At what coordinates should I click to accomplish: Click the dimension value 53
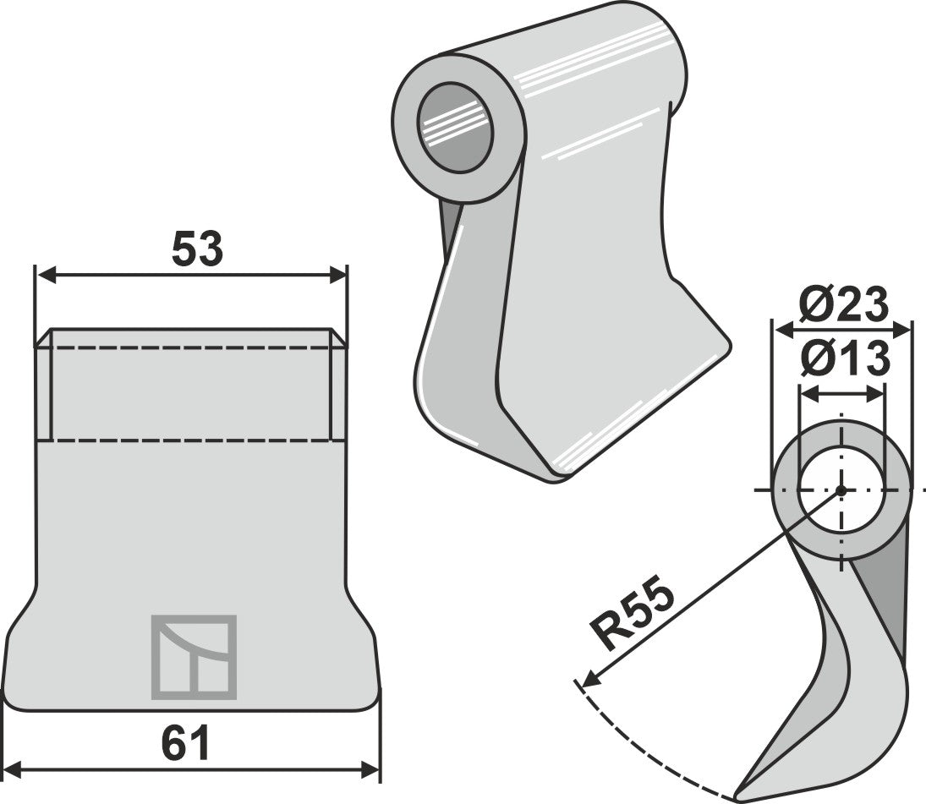click(x=197, y=249)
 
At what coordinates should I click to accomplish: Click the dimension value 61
click(x=186, y=744)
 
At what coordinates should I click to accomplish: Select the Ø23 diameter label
click(x=843, y=304)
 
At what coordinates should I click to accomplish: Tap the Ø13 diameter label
click(x=845, y=358)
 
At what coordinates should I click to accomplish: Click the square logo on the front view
click(x=195, y=658)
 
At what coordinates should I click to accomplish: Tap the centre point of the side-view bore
click(x=841, y=490)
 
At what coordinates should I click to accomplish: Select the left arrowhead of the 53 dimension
click(x=46, y=275)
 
